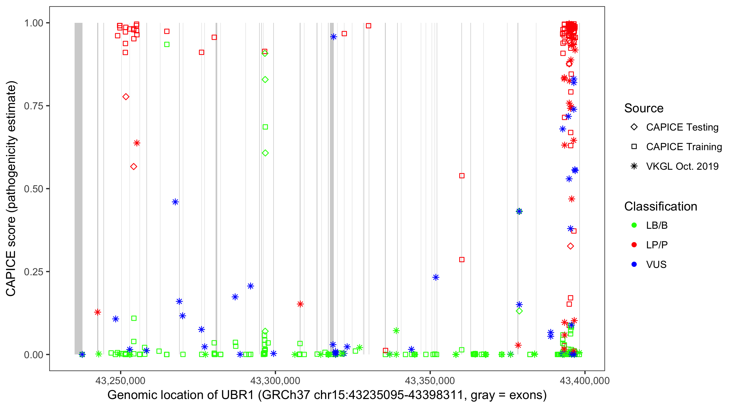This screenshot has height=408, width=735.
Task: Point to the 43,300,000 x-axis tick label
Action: (275, 381)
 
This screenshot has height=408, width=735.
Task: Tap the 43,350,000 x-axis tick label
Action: (430, 381)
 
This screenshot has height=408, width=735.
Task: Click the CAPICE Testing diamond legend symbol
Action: (634, 127)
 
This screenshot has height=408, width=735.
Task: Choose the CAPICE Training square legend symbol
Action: (634, 147)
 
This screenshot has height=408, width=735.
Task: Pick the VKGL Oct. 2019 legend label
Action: (682, 166)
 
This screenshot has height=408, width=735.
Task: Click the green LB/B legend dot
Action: (634, 225)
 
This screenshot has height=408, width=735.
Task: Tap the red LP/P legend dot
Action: (634, 245)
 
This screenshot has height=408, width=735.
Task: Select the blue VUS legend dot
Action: (634, 265)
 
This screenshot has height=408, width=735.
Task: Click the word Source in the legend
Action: (644, 108)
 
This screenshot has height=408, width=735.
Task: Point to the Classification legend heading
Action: (660, 206)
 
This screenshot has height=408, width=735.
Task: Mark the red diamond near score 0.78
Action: (126, 97)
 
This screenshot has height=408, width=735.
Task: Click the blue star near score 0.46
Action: (175, 202)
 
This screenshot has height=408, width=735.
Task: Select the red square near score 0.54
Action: (462, 176)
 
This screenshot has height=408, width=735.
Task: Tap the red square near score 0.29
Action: (462, 260)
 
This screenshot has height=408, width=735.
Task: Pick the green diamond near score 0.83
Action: (265, 79)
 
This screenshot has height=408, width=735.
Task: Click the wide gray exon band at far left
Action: (78, 188)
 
